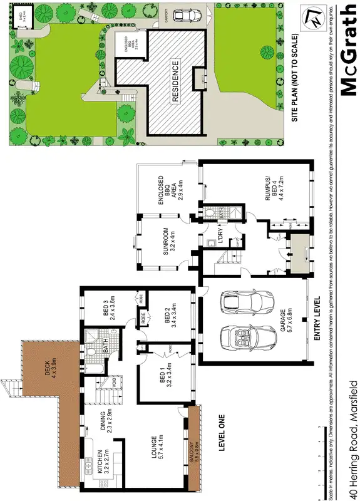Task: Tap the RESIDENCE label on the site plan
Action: coord(176,81)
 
